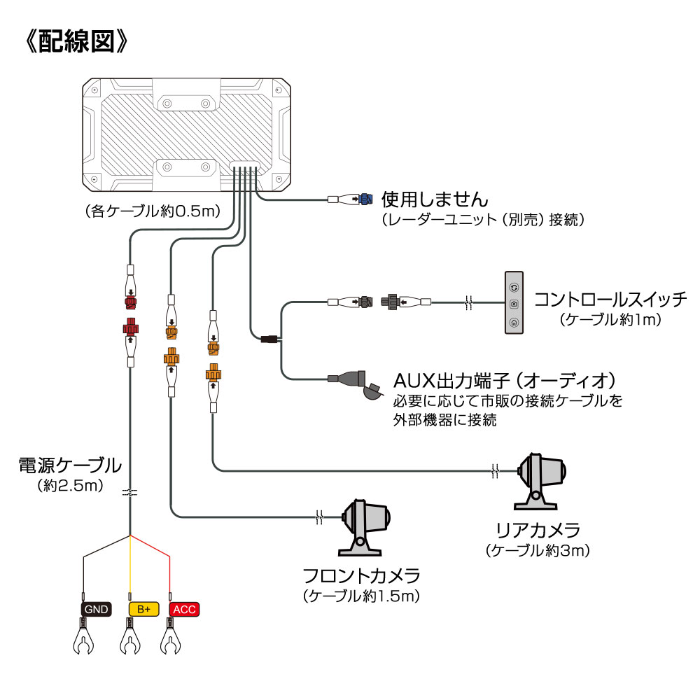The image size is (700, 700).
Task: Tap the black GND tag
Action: tap(96, 609)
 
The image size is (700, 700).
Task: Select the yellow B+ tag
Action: tap(143, 609)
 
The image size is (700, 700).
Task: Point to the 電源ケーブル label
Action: tap(70, 465)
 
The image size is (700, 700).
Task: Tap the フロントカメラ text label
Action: tap(361, 577)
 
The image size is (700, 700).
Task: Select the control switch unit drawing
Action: tap(514, 303)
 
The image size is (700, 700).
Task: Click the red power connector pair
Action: tap(131, 315)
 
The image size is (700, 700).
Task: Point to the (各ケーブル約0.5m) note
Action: tap(153, 210)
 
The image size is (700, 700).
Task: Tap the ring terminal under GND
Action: tap(84, 640)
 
